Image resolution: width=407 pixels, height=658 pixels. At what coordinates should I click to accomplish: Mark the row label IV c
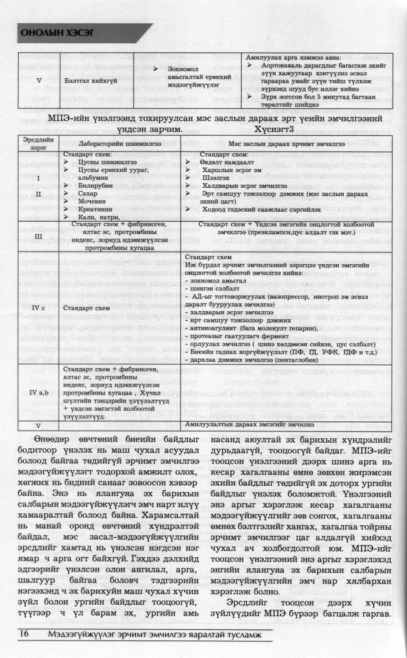coord(39,308)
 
